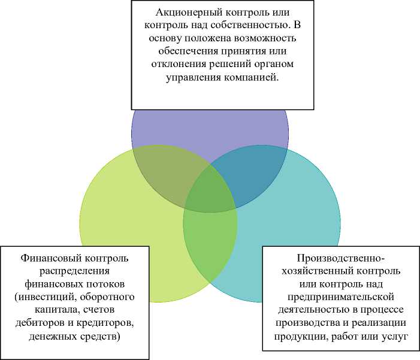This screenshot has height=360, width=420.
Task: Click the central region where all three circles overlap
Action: pos(210,191)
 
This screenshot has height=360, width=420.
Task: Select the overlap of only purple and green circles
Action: pos(165,174)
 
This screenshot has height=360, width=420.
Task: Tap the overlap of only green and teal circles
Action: pos(210,246)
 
